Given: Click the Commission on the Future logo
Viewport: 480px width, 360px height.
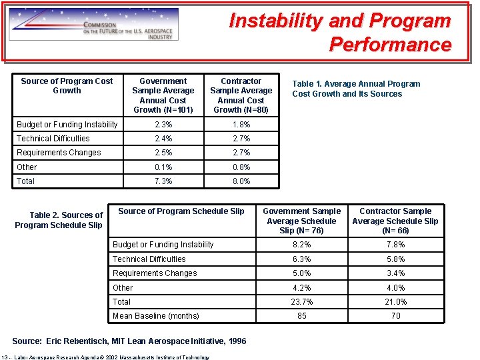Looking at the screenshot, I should click(94, 25).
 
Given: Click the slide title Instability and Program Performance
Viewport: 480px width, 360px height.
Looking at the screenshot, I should click(340, 33).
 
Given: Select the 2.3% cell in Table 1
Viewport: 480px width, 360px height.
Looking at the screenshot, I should click(163, 125).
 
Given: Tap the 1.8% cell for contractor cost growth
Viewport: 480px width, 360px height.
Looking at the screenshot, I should click(241, 125).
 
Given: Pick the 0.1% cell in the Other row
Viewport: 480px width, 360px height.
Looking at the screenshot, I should click(163, 167).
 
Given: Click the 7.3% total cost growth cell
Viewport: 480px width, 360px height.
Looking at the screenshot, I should click(163, 181).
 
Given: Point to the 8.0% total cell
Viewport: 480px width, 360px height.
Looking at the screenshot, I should click(241, 181).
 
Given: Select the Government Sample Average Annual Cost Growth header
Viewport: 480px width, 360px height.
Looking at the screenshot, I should click(163, 95).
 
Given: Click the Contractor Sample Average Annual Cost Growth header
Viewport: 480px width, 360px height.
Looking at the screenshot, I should click(241, 95).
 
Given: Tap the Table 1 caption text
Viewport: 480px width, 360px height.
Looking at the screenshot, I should click(356, 89).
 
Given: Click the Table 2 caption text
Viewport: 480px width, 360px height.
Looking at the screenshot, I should click(59, 220).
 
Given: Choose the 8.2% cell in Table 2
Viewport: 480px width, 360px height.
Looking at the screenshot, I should click(302, 245).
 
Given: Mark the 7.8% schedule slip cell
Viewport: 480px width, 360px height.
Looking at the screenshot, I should click(395, 245).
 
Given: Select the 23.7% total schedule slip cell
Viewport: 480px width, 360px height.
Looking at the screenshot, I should click(302, 302).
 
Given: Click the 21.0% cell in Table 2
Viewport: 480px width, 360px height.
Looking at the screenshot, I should click(395, 302).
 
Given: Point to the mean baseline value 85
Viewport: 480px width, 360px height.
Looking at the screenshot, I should click(302, 316).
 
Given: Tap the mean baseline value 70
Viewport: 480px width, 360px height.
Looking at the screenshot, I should click(395, 316).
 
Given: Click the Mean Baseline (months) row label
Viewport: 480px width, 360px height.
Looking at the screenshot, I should click(155, 316).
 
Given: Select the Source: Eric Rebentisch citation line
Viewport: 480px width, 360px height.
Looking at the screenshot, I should click(129, 341).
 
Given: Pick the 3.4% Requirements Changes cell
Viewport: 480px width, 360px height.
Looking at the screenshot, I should click(395, 273).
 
